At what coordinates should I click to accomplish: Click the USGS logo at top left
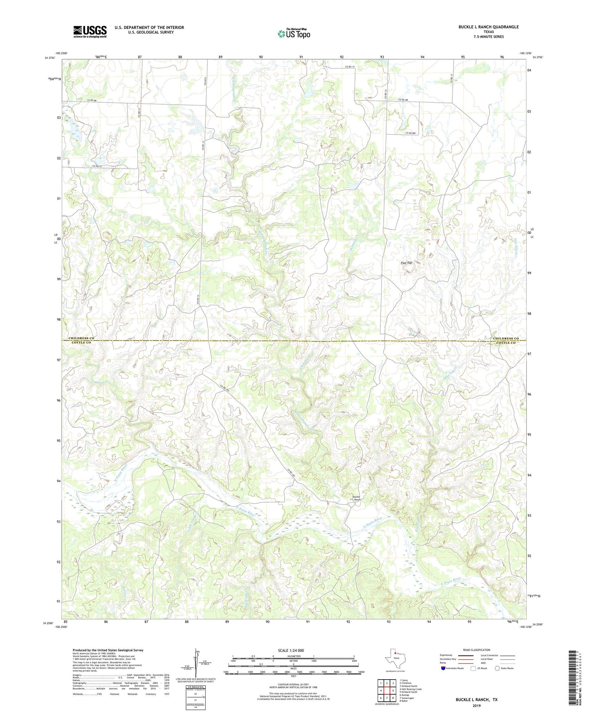pyautogui.click(x=90, y=31)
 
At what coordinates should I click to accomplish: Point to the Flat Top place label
pyautogui.click(x=406, y=263)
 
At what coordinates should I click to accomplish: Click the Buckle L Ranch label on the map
pyautogui.click(x=357, y=498)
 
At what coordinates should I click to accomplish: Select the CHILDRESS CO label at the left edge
pyautogui.click(x=81, y=338)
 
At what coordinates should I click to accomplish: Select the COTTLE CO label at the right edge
pyautogui.click(x=506, y=343)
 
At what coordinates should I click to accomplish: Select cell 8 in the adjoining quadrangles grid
pyautogui.click(x=393, y=698)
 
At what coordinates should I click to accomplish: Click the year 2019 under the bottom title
pyautogui.click(x=476, y=705)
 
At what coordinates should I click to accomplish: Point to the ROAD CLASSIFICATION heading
pyautogui.click(x=477, y=650)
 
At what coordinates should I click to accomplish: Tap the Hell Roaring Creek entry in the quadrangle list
pyautogui.click(x=410, y=689)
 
